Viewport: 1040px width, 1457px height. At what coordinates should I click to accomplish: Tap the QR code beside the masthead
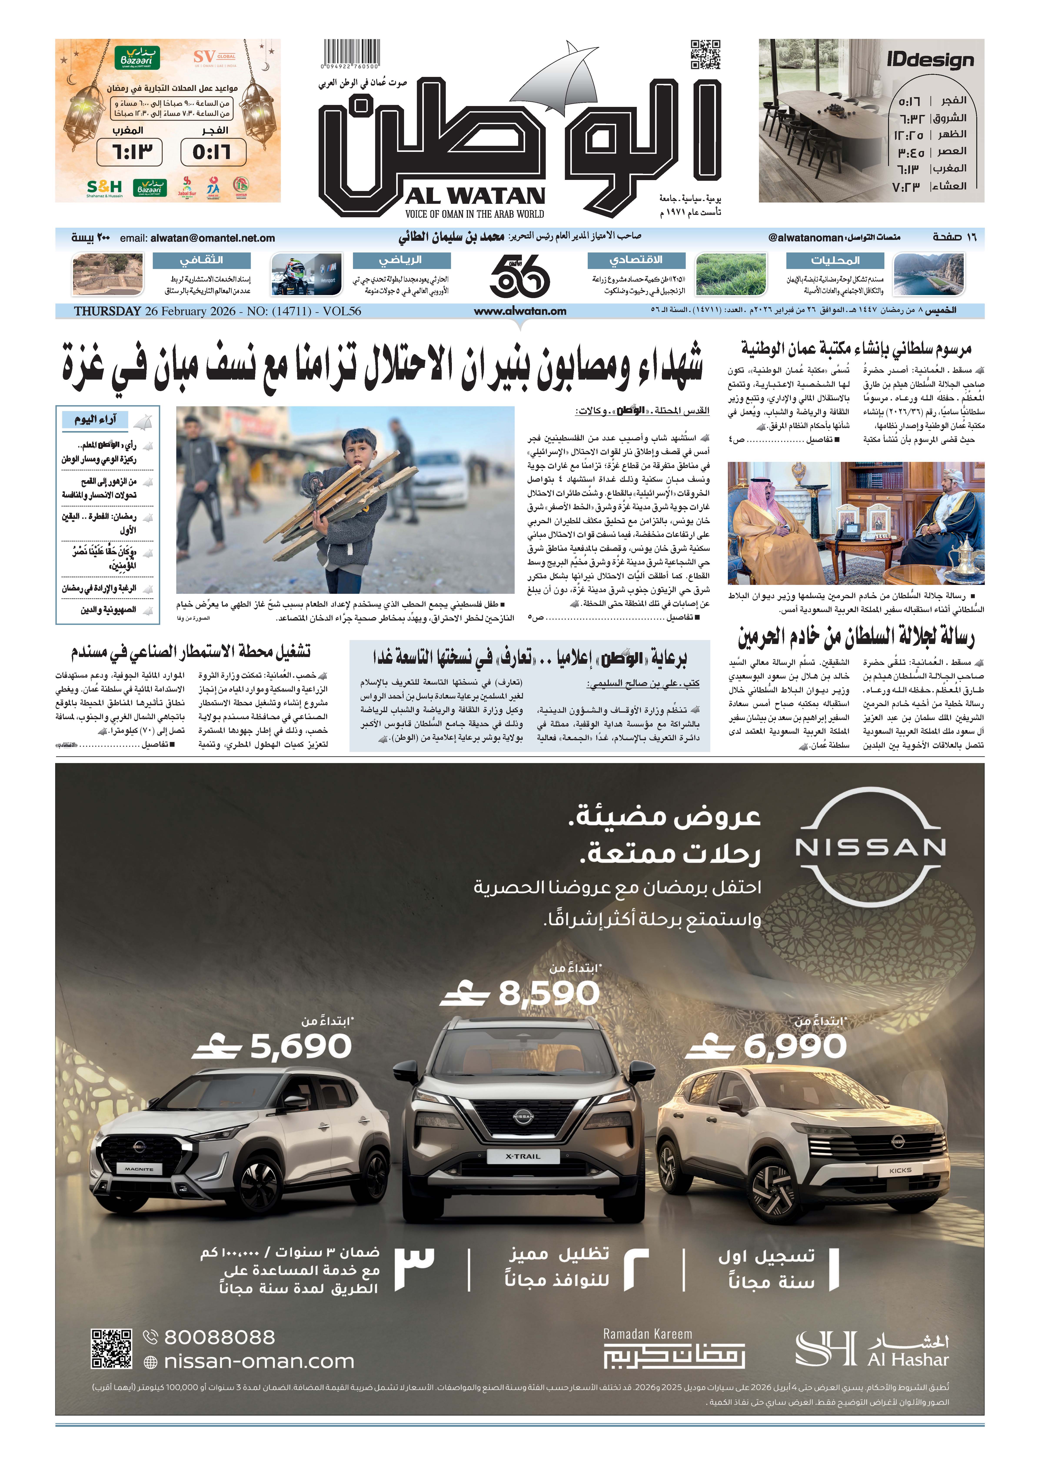[705, 54]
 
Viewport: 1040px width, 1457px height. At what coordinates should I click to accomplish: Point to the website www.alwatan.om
[520, 311]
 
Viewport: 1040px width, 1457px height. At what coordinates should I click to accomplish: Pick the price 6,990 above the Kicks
[795, 1046]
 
